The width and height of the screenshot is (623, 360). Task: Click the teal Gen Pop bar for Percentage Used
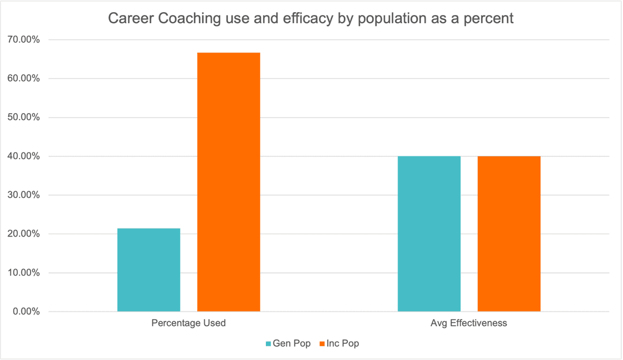pyautogui.click(x=149, y=270)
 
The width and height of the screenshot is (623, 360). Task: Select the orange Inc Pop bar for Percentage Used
pyautogui.click(x=228, y=182)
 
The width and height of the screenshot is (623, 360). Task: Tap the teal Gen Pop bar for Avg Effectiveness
pyautogui.click(x=429, y=234)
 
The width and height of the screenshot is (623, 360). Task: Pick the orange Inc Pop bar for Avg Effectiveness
pyautogui.click(x=509, y=234)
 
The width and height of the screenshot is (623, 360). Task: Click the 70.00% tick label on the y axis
pyautogui.click(x=24, y=40)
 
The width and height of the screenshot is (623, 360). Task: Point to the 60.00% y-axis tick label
pyautogui.click(x=24, y=78)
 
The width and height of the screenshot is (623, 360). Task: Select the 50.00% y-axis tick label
pyautogui.click(x=24, y=117)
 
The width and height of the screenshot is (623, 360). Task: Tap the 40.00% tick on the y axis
pyautogui.click(x=24, y=156)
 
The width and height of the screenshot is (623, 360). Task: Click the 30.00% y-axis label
pyautogui.click(x=24, y=195)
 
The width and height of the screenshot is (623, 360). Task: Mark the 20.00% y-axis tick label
pyautogui.click(x=24, y=234)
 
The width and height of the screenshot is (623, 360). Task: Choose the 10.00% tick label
pyautogui.click(x=24, y=273)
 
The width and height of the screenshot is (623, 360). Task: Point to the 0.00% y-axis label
pyautogui.click(x=26, y=312)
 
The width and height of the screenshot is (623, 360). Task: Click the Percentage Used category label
pyautogui.click(x=189, y=323)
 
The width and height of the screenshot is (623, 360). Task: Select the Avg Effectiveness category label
pyautogui.click(x=469, y=323)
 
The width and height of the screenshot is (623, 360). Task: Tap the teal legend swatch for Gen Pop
pyautogui.click(x=268, y=344)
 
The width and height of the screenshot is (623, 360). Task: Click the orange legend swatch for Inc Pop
pyautogui.click(x=322, y=344)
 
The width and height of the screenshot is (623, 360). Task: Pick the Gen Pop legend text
pyautogui.click(x=291, y=344)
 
